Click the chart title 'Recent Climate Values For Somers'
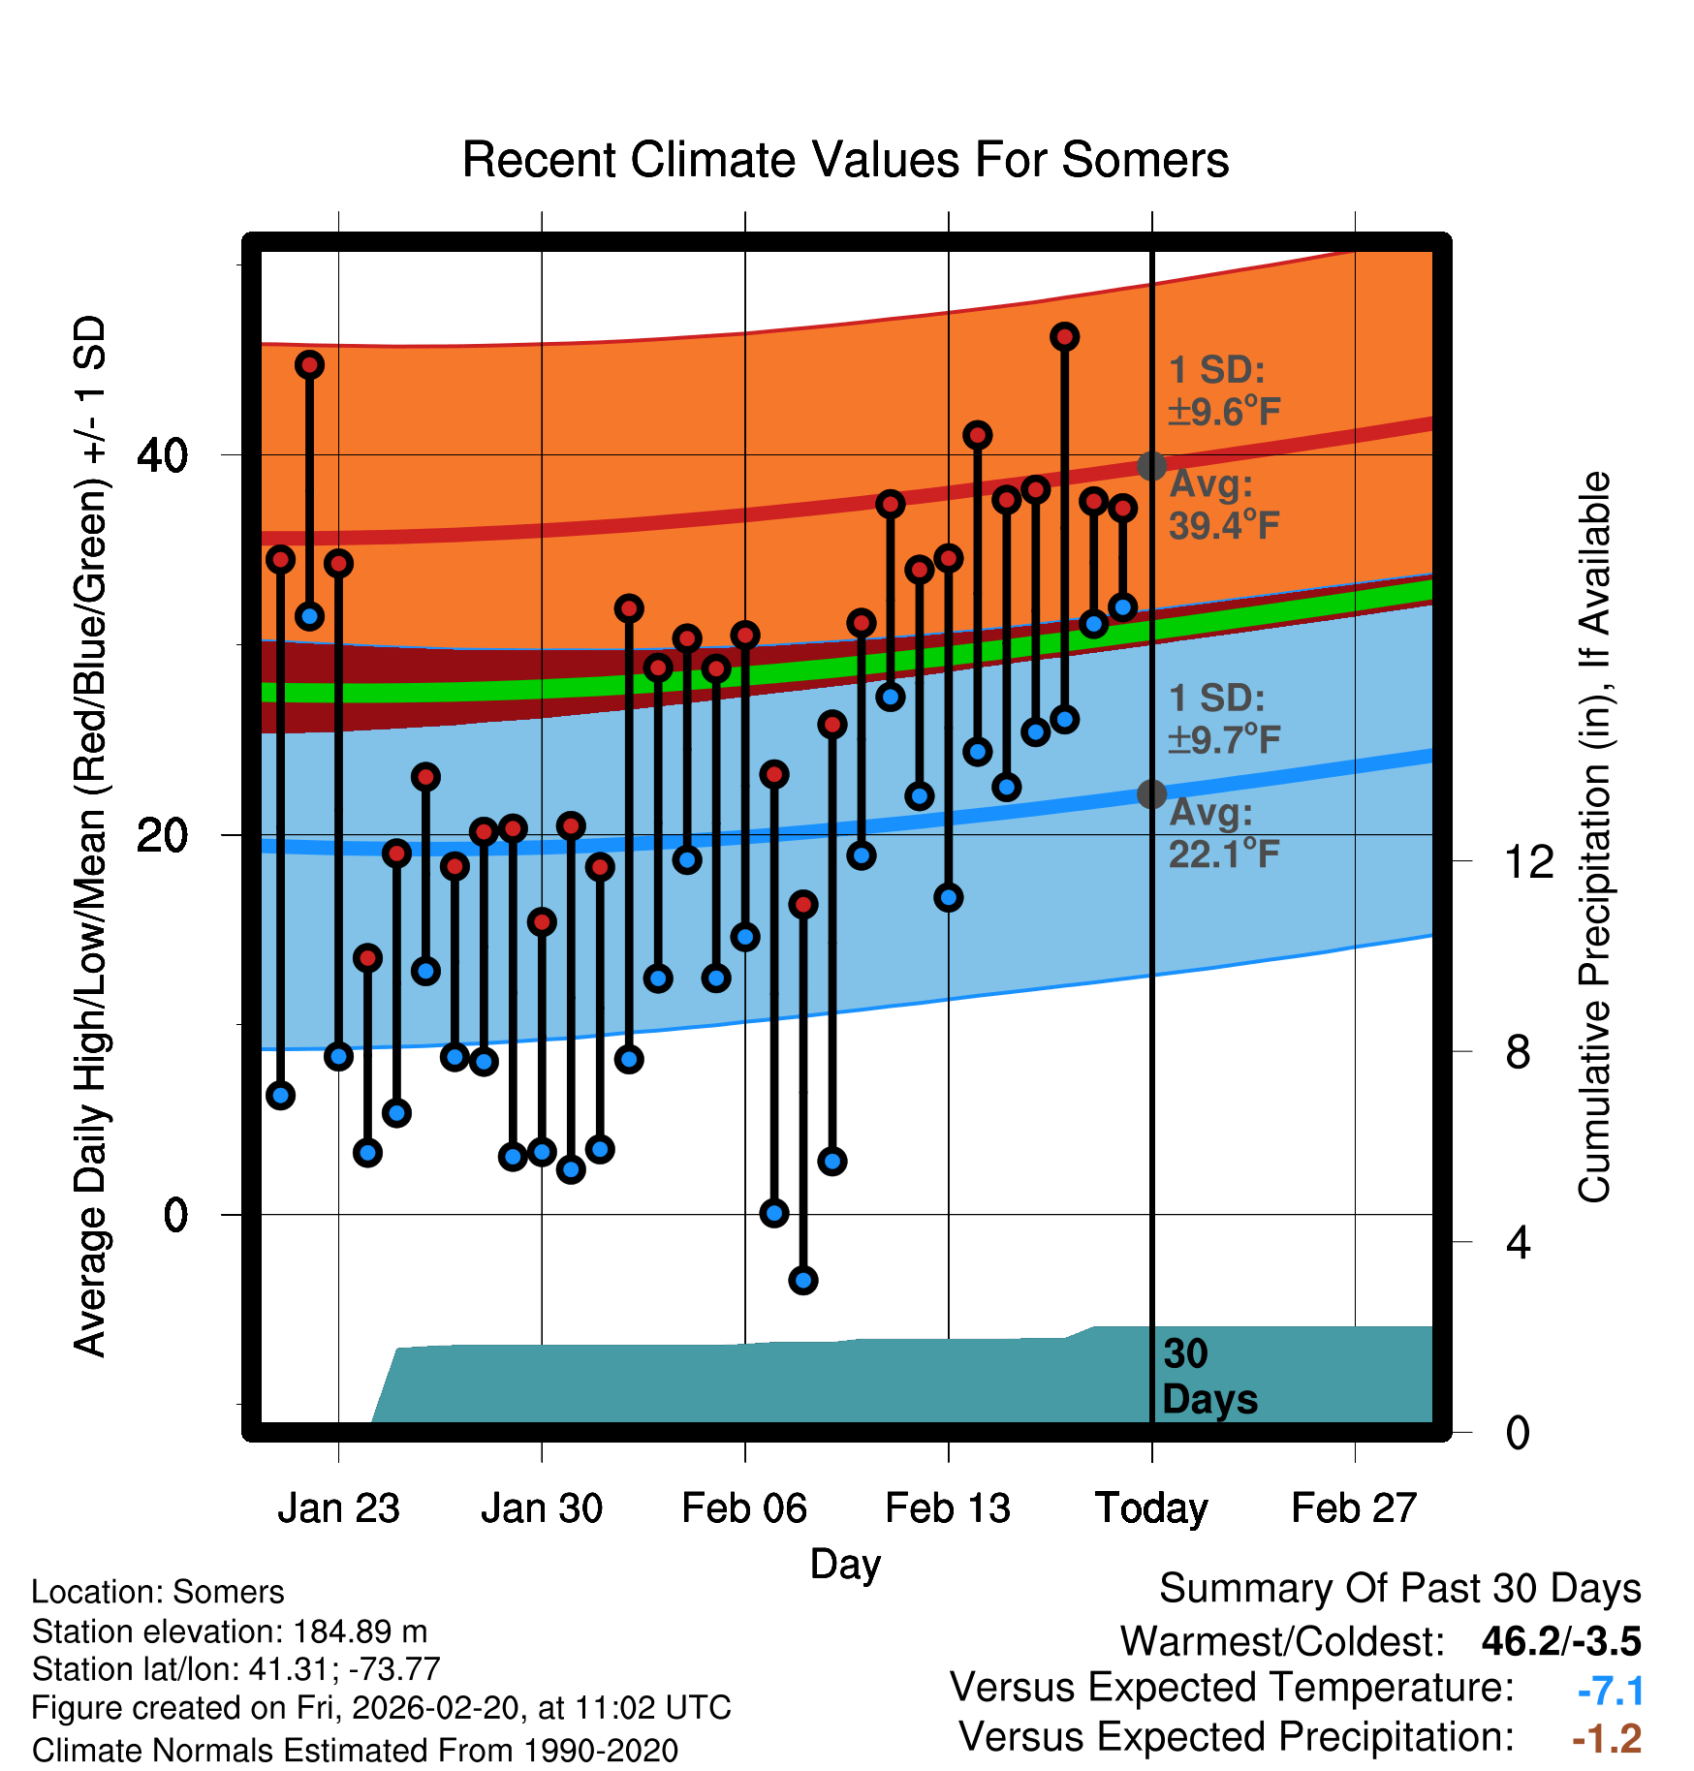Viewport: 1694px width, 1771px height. click(845, 160)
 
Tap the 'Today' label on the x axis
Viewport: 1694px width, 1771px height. click(1151, 1508)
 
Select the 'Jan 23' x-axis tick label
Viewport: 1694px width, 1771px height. click(338, 1508)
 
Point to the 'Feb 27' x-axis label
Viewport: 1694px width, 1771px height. click(1354, 1508)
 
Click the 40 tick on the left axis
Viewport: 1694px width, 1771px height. click(162, 455)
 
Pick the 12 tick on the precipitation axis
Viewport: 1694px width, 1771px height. click(1528, 861)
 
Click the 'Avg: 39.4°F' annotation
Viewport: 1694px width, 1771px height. click(1223, 505)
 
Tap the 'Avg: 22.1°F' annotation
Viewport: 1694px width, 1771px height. click(1223, 833)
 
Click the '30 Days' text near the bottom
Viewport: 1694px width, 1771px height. click(1208, 1377)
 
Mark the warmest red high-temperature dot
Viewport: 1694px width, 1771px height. click(1064, 337)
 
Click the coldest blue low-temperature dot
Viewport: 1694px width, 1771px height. click(802, 1280)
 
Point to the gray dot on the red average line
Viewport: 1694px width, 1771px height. click(1151, 466)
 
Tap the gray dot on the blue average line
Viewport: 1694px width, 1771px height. click(1151, 794)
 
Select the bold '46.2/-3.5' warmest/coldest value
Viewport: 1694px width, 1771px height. click(1560, 1641)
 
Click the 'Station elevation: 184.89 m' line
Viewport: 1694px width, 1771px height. click(230, 1631)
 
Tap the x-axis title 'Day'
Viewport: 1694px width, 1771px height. click(845, 1565)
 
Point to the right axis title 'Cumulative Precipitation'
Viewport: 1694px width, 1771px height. click(1594, 837)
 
